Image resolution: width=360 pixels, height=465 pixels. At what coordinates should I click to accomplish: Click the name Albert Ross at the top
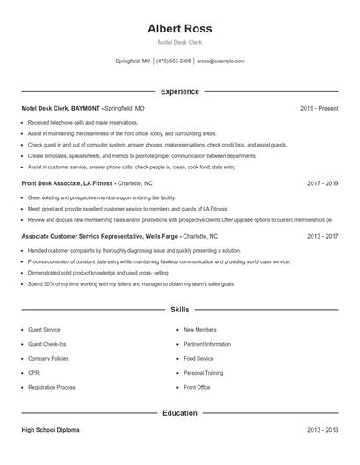pyautogui.click(x=179, y=28)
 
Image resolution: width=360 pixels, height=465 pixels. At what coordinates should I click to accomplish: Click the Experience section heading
pyautogui.click(x=179, y=91)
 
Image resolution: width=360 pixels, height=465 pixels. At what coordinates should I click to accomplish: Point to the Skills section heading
pyautogui.click(x=179, y=310)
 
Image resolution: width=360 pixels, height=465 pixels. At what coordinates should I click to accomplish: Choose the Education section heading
pyautogui.click(x=179, y=412)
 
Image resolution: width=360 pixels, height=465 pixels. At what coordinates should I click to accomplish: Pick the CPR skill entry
pyautogui.click(x=33, y=373)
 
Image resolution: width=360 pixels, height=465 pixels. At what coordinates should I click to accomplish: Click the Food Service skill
pyautogui.click(x=198, y=359)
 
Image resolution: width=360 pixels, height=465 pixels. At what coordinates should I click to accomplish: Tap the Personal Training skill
pyautogui.click(x=203, y=373)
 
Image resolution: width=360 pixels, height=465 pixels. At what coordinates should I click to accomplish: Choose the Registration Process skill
pyautogui.click(x=51, y=387)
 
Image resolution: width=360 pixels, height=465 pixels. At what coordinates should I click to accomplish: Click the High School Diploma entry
pyautogui.click(x=52, y=430)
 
